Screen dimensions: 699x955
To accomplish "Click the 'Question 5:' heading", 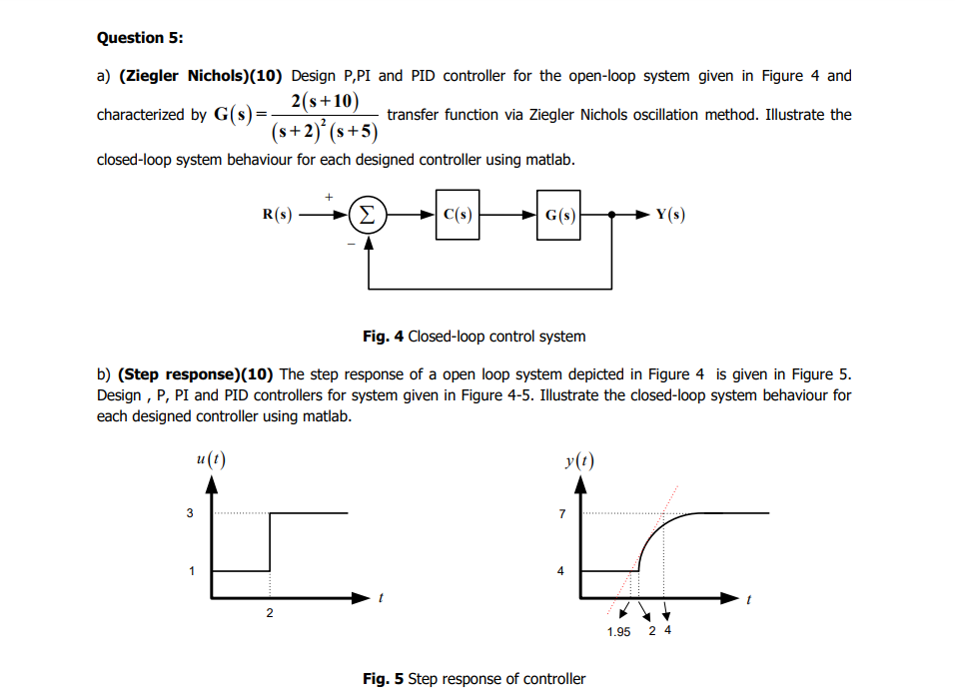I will (140, 38).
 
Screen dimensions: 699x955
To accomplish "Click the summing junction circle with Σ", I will (369, 215).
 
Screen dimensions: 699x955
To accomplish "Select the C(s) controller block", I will (457, 215).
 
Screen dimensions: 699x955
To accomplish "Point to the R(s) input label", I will (277, 215).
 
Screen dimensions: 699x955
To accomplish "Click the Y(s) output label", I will (670, 215).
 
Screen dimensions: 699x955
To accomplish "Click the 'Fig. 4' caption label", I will (383, 337).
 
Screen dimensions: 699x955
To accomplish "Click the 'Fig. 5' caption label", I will (383, 679).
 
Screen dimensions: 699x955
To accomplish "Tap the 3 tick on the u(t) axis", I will (189, 513).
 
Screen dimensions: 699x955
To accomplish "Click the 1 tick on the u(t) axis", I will (189, 571).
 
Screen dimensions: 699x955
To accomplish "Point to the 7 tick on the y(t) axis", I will (561, 513).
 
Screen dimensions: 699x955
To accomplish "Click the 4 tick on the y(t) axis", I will (561, 571).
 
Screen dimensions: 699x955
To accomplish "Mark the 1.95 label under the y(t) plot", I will (618, 632).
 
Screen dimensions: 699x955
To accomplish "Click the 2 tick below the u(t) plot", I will (270, 614).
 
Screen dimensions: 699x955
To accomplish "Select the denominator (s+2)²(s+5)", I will (324, 130).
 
